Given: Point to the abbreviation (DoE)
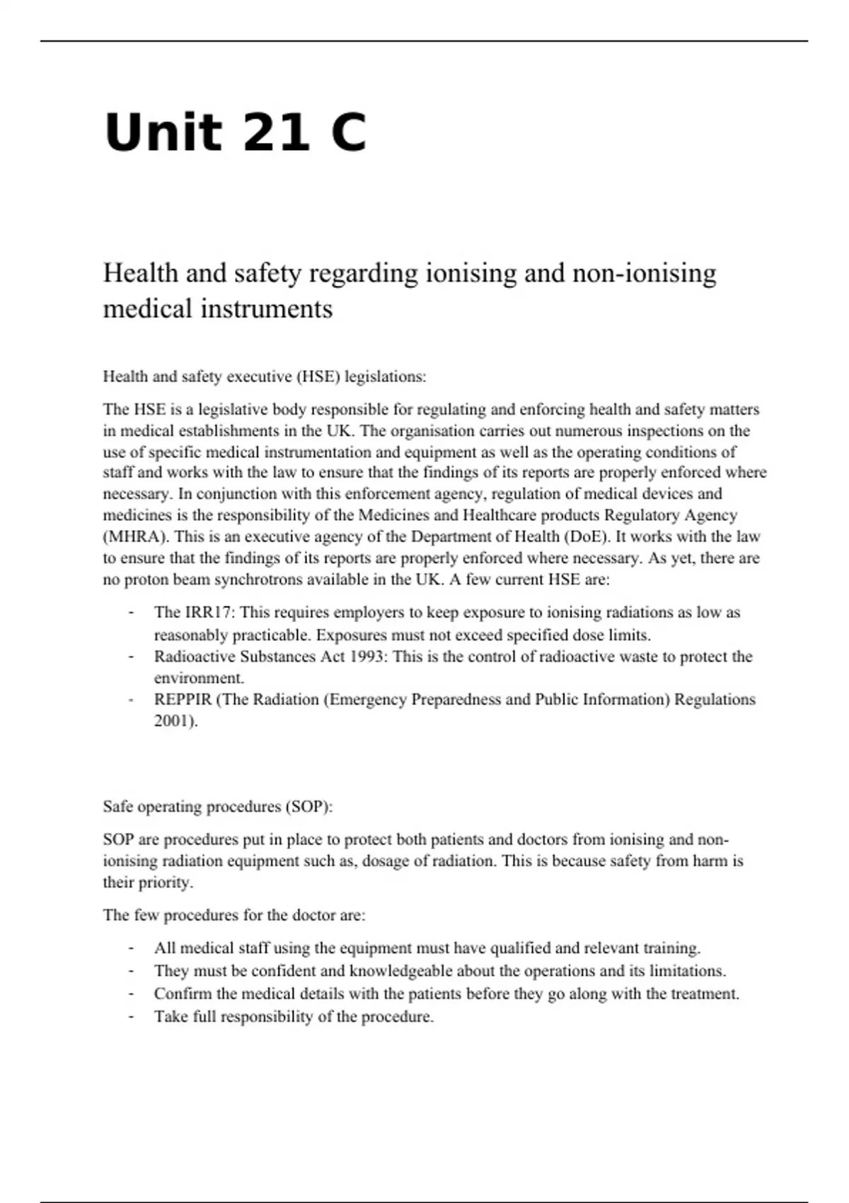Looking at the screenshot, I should (587, 536).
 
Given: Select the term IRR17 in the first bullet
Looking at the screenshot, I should (209, 613).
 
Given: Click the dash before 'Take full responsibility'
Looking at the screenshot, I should (131, 1017).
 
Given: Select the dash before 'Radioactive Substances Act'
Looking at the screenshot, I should (131, 657).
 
